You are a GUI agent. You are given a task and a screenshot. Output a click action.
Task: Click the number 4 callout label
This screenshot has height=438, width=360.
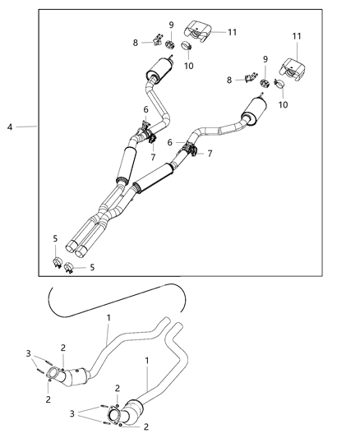9,127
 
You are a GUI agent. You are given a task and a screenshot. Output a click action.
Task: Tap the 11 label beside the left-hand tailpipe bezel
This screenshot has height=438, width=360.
233,32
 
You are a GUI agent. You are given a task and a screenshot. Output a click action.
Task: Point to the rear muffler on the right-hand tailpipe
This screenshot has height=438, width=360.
252,107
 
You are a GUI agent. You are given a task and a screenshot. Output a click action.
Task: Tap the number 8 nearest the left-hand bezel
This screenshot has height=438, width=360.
136,41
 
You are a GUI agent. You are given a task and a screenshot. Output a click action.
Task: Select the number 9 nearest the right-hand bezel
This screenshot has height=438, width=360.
265,59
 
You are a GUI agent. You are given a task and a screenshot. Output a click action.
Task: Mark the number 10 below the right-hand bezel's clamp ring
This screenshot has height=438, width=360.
284,104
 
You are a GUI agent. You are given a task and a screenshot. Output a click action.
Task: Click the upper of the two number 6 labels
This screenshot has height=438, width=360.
146,110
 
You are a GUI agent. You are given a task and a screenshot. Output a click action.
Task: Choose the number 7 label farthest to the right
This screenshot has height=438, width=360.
210,154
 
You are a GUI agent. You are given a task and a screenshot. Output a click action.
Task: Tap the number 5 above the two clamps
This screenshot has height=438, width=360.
55,239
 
